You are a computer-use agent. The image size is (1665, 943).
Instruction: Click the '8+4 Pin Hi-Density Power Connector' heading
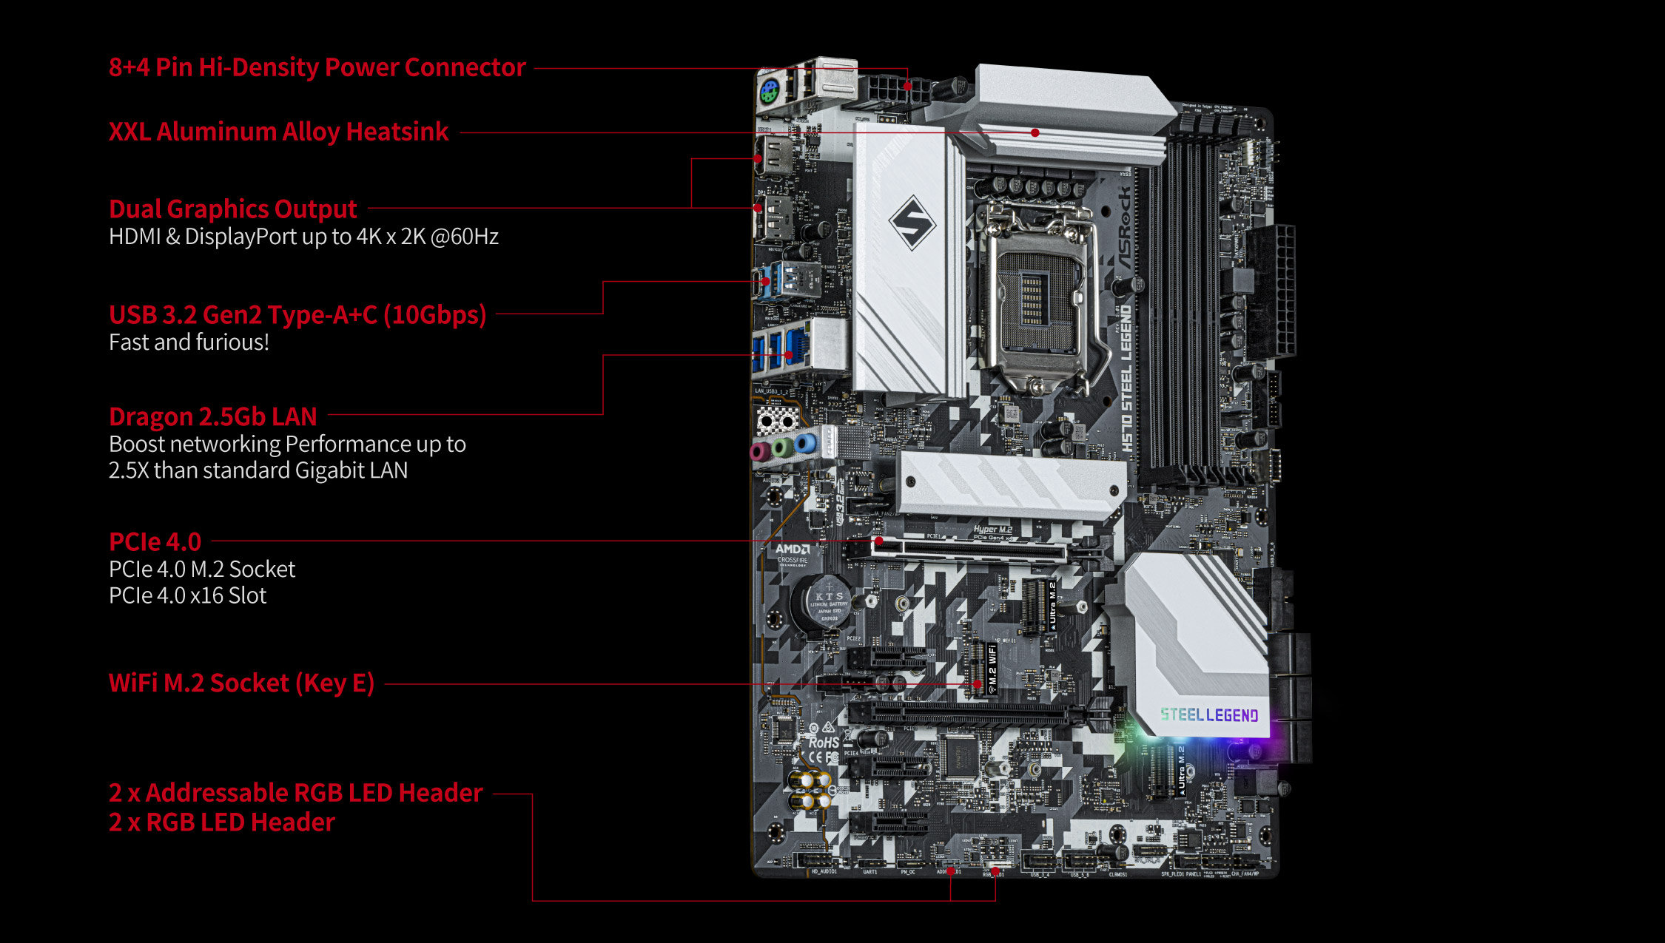tap(317, 67)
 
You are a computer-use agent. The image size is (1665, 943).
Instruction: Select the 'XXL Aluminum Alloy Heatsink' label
tap(278, 132)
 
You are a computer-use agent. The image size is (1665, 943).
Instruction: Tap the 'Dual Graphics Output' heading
tap(232, 209)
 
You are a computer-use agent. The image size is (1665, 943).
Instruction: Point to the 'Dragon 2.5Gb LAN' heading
tap(212, 417)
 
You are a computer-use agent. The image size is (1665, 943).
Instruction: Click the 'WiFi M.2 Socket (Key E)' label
tap(241, 683)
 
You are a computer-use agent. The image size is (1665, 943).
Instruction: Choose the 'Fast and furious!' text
tap(189, 342)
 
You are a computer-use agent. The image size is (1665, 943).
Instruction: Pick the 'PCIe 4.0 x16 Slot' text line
tap(187, 595)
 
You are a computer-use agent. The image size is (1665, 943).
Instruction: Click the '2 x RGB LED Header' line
tap(221, 822)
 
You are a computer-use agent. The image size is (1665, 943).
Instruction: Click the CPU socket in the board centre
tap(1036, 303)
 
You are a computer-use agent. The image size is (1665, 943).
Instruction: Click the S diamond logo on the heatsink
tap(912, 222)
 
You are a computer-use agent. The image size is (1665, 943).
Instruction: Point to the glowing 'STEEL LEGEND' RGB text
tap(1209, 715)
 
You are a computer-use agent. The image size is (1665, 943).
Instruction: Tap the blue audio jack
tap(806, 445)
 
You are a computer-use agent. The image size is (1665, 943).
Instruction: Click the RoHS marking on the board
tap(823, 742)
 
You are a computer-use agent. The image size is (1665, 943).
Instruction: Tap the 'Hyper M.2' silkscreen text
tap(992, 530)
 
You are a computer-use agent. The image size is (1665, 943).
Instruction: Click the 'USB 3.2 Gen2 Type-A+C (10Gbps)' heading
tap(297, 315)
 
